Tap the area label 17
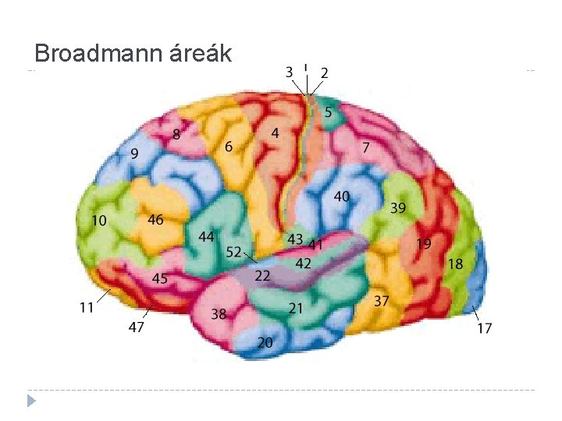[x=485, y=328]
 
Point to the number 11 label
[x=86, y=307]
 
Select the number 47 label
[x=136, y=327]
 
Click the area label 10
[x=98, y=221]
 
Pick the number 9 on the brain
[x=134, y=154]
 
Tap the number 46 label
[x=155, y=220]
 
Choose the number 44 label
[x=206, y=236]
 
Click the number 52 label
[x=233, y=252]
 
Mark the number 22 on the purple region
[x=262, y=275]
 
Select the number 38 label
[x=219, y=314]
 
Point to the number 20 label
[x=265, y=342]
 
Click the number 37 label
[x=381, y=300]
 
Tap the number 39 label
[x=398, y=208]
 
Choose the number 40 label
[x=342, y=196]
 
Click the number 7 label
[x=365, y=147]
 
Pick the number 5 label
[x=328, y=112]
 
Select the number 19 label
[x=423, y=244]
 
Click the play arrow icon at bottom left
[x=31, y=401]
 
